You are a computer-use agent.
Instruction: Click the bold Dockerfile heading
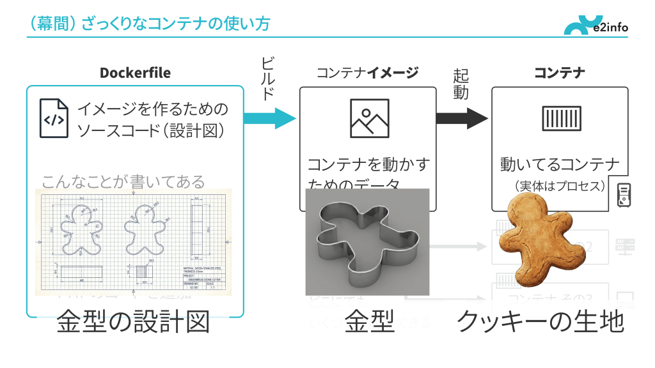point(135,72)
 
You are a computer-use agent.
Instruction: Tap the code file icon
point(54,118)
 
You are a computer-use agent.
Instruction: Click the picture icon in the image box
point(369,118)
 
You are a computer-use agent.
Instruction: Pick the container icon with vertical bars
point(561,118)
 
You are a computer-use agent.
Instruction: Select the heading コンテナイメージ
point(367,72)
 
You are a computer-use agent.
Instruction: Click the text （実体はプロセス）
point(560,186)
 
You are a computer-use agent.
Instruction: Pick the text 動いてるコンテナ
point(560,165)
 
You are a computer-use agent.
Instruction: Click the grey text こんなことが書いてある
point(123,182)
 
